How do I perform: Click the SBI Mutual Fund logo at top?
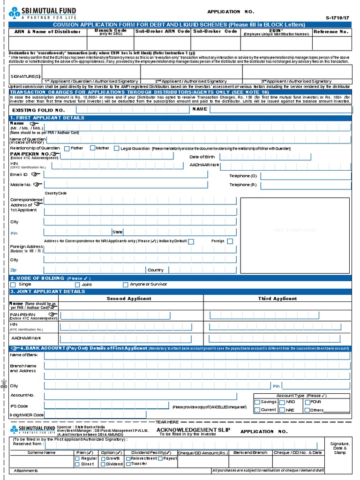pos(42,13)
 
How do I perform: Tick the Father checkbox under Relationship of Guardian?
pos(67,149)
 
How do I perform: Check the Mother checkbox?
pos(92,148)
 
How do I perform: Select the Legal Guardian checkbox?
pos(117,149)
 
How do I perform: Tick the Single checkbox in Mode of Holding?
pos(13,285)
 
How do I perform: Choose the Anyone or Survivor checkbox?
pos(125,285)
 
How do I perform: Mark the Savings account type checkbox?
pos(257,402)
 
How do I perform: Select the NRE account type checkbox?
pos(282,410)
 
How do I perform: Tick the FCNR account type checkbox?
pos(307,402)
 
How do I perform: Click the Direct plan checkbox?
pos(77,464)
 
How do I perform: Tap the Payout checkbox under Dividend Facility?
pos(159,458)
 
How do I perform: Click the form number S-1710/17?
pos(337,18)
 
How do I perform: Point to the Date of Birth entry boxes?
pos(265,157)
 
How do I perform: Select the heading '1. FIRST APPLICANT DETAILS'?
pos(47,118)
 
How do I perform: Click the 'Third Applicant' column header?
pos(277,299)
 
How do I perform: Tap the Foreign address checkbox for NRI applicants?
pos(230,241)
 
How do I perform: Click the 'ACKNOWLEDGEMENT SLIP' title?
pos(187,430)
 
